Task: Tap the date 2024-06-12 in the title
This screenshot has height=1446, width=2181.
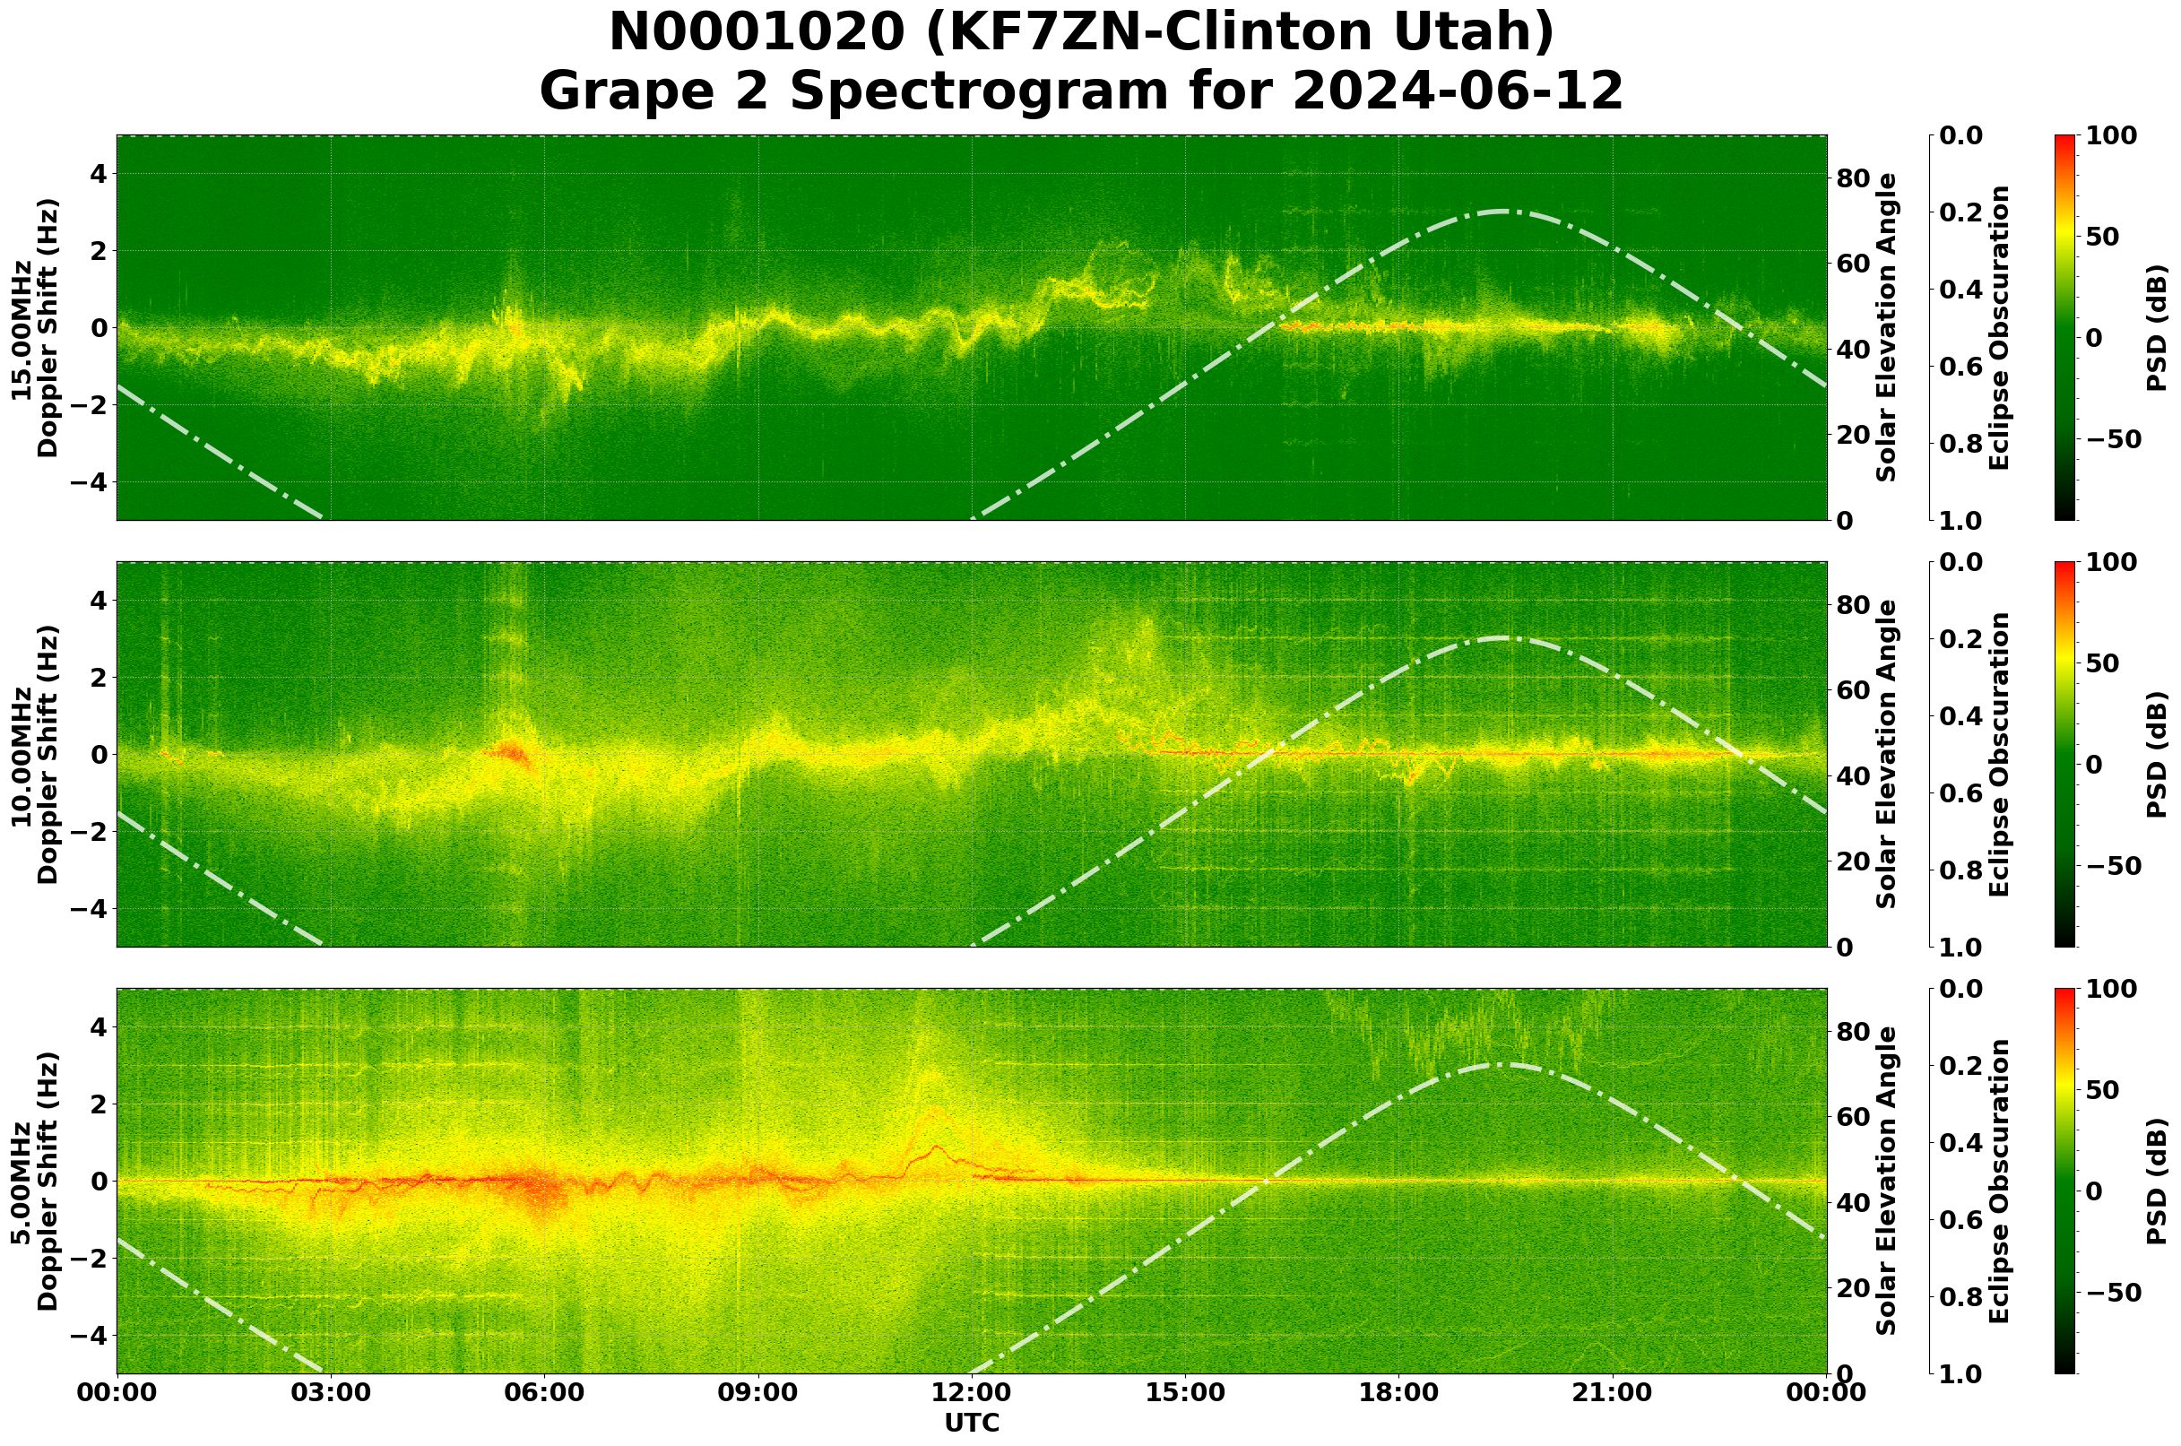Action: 1457,92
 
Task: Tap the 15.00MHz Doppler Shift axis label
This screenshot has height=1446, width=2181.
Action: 34,328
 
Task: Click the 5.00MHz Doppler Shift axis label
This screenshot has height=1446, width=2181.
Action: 34,1182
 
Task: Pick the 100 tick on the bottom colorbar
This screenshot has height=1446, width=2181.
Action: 2112,990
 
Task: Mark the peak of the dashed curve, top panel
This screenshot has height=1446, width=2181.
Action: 1501,212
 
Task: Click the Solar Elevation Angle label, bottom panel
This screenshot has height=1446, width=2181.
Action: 1887,1182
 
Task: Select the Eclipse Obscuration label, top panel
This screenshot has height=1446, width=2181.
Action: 1999,328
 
